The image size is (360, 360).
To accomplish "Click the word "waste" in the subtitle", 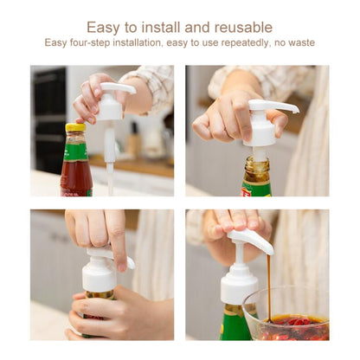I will click(x=301, y=42).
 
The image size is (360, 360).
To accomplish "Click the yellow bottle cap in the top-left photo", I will click(x=75, y=128).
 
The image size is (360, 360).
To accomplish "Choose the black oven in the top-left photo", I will click(x=48, y=117).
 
